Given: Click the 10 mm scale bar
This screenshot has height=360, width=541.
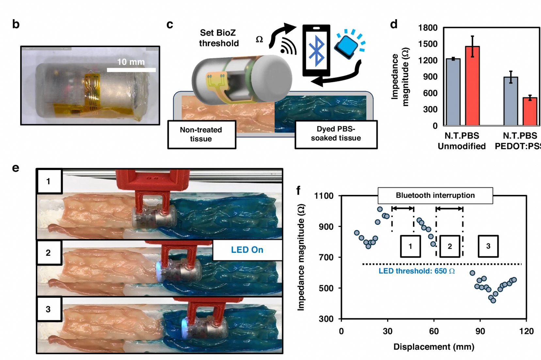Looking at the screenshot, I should click(x=131, y=69).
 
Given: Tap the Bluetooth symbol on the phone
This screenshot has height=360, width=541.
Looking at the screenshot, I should click(x=316, y=51).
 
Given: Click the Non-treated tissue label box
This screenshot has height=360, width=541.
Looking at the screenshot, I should click(x=201, y=134).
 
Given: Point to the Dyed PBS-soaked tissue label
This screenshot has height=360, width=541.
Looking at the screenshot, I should click(x=336, y=134).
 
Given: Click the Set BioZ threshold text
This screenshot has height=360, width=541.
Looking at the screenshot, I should click(x=218, y=38).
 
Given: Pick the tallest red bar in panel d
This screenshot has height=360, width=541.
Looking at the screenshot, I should click(x=472, y=86).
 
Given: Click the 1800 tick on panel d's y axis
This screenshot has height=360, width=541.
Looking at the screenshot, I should click(x=428, y=28).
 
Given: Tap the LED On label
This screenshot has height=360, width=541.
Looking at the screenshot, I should click(x=247, y=250).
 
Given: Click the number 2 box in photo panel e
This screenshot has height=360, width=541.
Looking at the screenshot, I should click(x=48, y=253).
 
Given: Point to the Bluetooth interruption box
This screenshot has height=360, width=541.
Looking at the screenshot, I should click(x=435, y=195).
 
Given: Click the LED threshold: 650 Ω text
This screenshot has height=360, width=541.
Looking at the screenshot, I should click(x=416, y=271).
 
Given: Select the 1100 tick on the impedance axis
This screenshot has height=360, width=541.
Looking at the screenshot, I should click(x=324, y=196).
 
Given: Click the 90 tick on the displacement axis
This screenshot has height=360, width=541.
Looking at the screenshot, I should click(x=480, y=331).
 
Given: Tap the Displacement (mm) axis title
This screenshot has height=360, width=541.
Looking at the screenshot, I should click(x=434, y=347).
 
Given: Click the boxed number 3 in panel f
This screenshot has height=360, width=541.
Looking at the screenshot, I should click(x=488, y=246).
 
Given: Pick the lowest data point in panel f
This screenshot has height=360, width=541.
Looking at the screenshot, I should click(x=493, y=301).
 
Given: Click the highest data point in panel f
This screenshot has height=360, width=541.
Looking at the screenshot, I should click(x=380, y=209).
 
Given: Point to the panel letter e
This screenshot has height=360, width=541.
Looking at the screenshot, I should click(x=16, y=168).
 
